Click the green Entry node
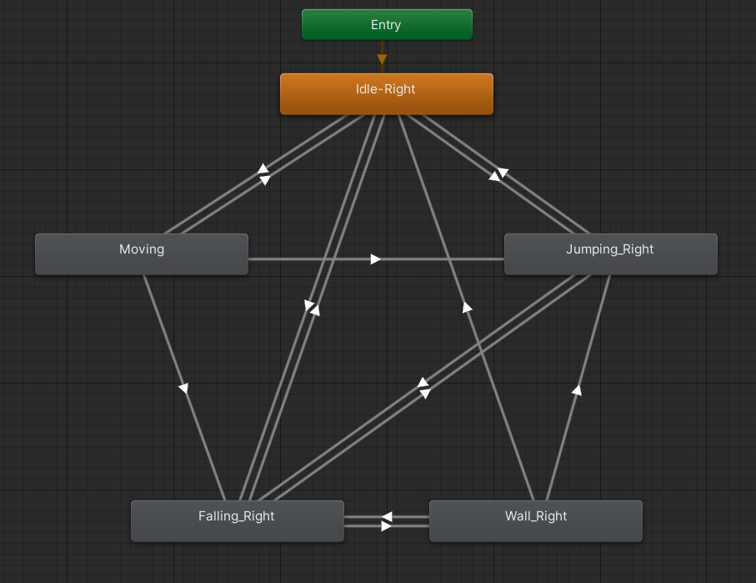coord(387,24)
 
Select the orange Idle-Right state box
coord(386,93)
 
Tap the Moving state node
coord(141,254)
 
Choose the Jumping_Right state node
coord(610,254)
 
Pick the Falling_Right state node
coord(237,520)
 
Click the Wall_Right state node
coord(535,520)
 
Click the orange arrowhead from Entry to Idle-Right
coord(382,59)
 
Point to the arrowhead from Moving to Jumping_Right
coord(376,259)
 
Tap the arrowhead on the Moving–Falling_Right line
coord(183,388)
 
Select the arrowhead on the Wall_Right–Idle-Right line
coord(468,308)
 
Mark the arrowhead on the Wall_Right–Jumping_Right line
coord(576,389)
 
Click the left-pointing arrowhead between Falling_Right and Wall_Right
coord(387,517)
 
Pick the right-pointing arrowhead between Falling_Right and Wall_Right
coord(386,526)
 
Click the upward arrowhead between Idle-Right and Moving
coord(263,169)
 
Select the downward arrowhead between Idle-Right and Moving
coord(264,179)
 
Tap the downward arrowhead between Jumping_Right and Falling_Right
coord(424,393)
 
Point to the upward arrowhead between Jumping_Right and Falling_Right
coord(423,383)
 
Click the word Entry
coord(386,25)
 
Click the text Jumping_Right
coord(610,249)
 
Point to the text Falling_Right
coord(237,516)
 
